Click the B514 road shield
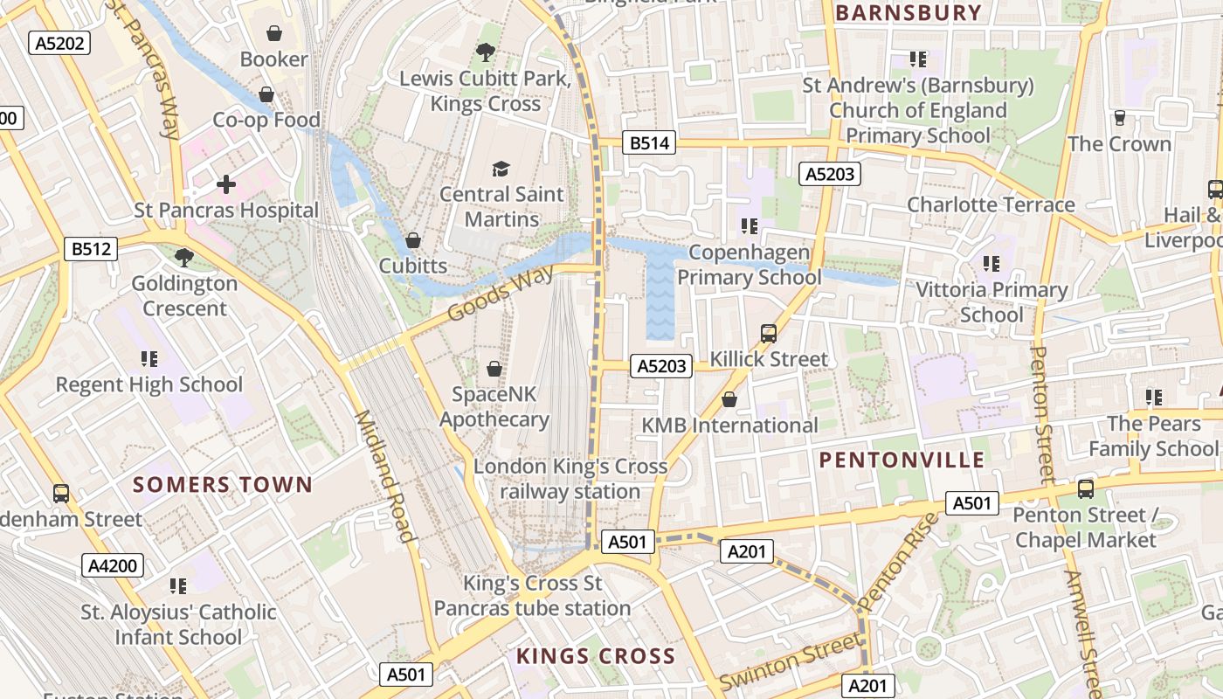(649, 142)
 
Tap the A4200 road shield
(114, 565)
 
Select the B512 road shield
(91, 249)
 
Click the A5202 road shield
(60, 43)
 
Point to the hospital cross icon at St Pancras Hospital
(226, 184)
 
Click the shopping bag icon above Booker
(274, 34)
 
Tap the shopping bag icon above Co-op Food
(266, 94)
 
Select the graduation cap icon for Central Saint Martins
(501, 168)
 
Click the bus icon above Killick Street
(769, 333)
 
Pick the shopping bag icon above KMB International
(729, 399)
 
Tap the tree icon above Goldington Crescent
(184, 257)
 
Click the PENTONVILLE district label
(902, 460)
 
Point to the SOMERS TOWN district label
(222, 485)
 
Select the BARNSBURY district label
(909, 13)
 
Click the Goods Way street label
(501, 294)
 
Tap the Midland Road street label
(383, 476)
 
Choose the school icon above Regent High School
(149, 358)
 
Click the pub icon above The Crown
(1119, 118)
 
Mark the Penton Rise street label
(899, 561)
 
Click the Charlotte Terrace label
(991, 204)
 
